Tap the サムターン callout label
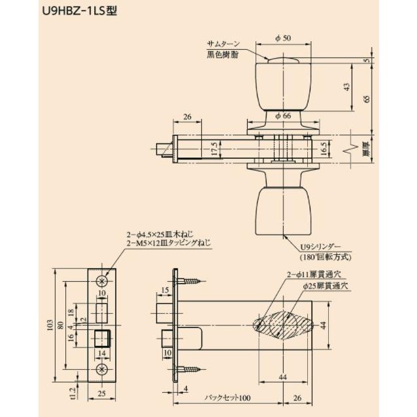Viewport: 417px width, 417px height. (224, 45)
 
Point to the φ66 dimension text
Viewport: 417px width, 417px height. (282, 116)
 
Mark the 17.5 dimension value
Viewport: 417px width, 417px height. (214, 148)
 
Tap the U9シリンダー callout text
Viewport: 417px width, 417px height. (320, 247)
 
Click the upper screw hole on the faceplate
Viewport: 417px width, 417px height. (102, 280)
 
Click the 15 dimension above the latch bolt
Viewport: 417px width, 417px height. (166, 289)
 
